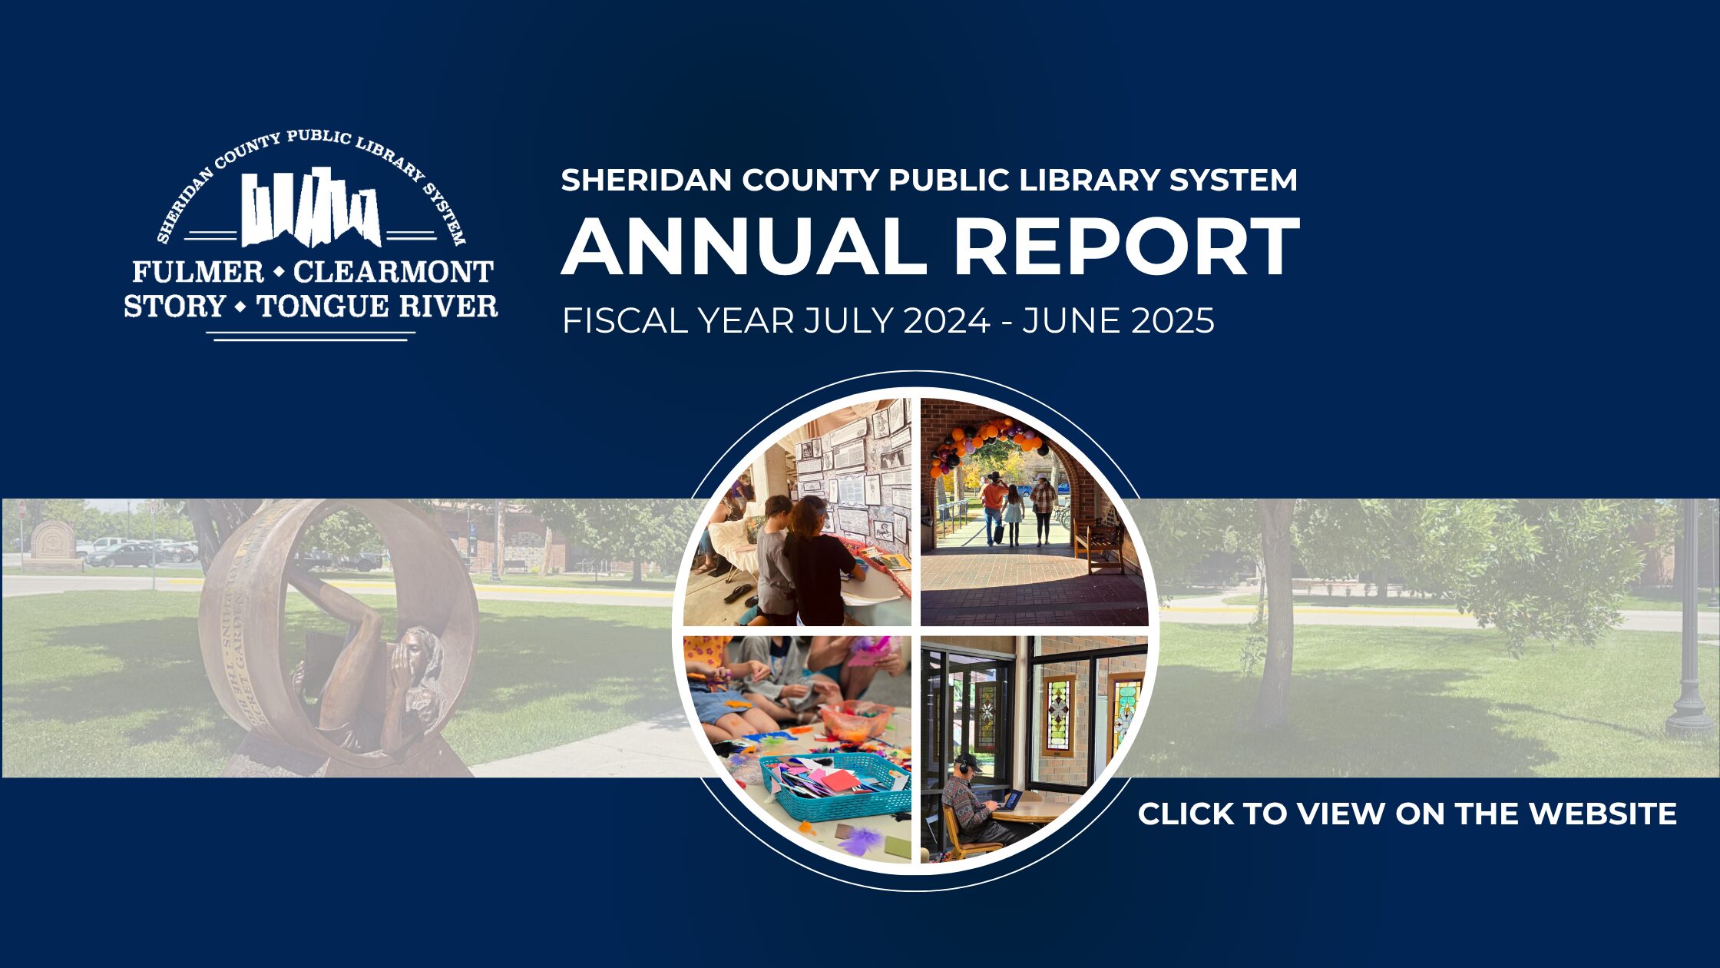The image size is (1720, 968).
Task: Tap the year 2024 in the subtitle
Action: click(x=946, y=320)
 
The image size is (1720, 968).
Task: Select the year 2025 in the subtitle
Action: click(x=1172, y=320)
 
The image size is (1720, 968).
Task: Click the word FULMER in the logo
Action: click(x=198, y=271)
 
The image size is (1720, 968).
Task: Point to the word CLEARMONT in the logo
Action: click(x=393, y=271)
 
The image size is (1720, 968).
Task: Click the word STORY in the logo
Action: click(x=174, y=306)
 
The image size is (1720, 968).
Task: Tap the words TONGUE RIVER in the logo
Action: click(x=377, y=306)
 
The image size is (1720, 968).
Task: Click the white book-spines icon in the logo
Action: click(x=311, y=207)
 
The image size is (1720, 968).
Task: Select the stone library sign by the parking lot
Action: click(x=52, y=544)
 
